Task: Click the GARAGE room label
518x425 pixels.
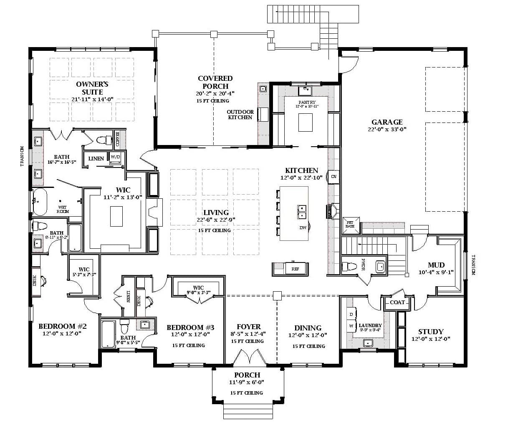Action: coord(387,122)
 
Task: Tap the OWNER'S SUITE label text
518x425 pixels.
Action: coord(92,88)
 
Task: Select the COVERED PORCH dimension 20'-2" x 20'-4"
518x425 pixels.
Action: coord(215,94)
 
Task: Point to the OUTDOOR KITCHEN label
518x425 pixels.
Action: coord(240,115)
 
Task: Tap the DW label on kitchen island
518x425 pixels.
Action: coord(303,228)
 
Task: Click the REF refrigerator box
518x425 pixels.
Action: coord(295,269)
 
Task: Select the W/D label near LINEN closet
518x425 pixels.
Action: coord(115,157)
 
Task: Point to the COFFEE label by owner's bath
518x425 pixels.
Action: coord(117,139)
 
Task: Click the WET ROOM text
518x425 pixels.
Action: coord(63,209)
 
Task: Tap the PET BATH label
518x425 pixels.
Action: coord(350,225)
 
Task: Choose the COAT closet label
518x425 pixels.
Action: coord(397,302)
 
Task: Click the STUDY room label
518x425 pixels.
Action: coord(431,332)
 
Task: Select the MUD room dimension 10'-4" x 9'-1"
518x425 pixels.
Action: coord(436,272)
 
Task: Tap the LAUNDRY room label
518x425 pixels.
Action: coord(370,325)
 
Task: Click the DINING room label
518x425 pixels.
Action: coord(308,328)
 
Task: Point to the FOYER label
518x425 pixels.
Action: coord(248,327)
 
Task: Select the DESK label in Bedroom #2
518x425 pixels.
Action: coord(35,281)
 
